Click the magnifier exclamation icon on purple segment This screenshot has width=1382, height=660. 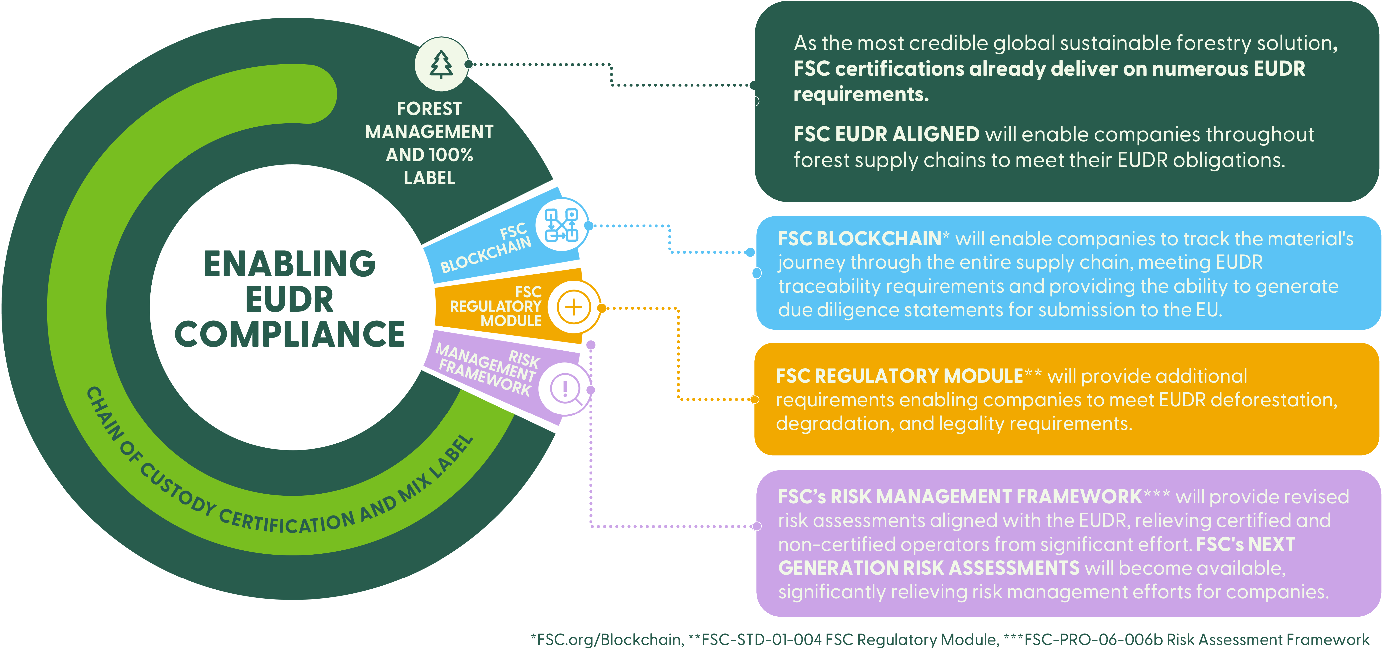[565, 389]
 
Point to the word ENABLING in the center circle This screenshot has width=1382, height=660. [290, 264]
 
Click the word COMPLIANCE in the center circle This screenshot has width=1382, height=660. [290, 334]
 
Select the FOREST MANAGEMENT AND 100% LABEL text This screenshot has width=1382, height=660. [429, 143]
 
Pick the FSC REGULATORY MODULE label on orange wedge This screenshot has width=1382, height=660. [496, 306]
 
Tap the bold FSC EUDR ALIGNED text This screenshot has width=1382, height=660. [886, 134]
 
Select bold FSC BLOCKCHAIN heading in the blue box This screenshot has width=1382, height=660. [859, 239]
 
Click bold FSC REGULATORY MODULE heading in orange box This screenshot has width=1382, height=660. [899, 376]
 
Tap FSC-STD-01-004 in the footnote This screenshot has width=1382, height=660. [762, 640]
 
